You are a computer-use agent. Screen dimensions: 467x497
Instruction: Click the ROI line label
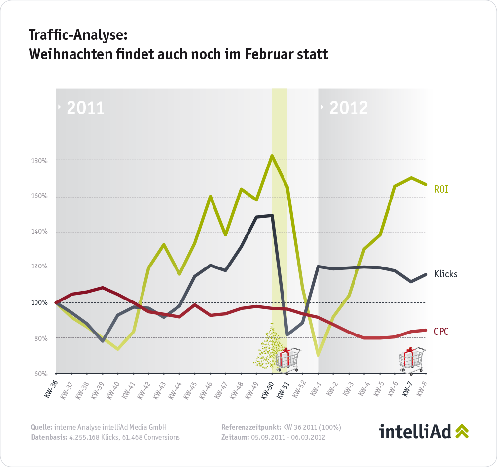[441, 189]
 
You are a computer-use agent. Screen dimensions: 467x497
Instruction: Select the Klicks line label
[445, 274]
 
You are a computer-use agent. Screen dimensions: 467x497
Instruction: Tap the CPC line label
[441, 332]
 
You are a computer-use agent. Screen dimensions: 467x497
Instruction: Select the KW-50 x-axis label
[267, 389]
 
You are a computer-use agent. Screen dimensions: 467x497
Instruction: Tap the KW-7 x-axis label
[407, 389]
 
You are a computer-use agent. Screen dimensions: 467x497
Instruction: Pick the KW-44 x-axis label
[175, 389]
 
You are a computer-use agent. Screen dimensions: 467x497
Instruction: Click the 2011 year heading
[85, 108]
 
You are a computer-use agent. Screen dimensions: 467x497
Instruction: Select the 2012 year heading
[348, 108]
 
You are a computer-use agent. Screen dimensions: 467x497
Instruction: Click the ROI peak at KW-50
[272, 156]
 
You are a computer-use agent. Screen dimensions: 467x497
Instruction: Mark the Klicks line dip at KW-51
[287, 334]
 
